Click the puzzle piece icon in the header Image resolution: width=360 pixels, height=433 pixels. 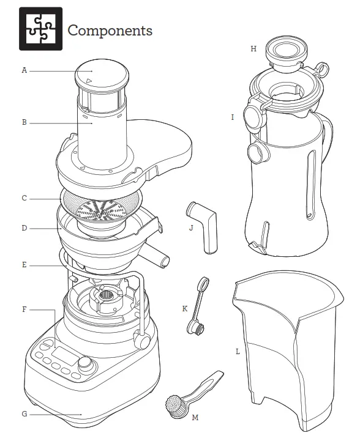[x=40, y=29]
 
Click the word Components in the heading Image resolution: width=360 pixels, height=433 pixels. [x=110, y=30]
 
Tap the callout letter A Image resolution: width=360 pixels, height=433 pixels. [x=24, y=70]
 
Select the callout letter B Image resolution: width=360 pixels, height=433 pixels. [x=24, y=122]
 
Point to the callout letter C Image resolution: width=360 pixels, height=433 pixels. [x=24, y=198]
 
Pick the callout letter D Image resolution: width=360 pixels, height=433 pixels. [x=24, y=229]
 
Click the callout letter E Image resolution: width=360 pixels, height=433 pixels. [x=24, y=265]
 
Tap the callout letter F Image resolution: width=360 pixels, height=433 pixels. [x=24, y=309]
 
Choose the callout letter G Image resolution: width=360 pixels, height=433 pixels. [x=24, y=414]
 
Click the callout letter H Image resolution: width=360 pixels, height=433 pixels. [x=253, y=48]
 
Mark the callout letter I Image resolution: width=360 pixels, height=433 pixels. [x=233, y=117]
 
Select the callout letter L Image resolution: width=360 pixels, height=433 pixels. [x=237, y=352]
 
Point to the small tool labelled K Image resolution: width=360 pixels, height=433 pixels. [x=196, y=306]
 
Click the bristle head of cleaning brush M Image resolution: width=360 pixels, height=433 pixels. [x=174, y=406]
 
